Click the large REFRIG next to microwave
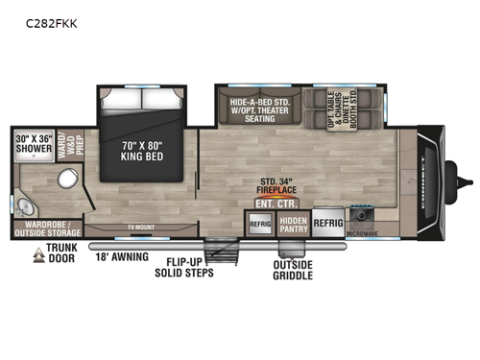coord(327,220)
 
